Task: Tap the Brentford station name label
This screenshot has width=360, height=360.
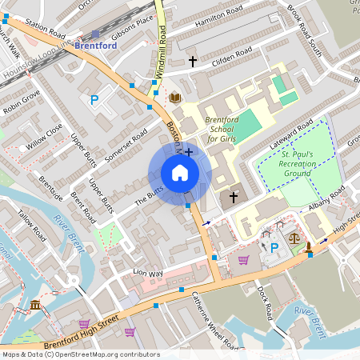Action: [95, 46]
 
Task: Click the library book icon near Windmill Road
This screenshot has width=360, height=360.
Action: [175, 98]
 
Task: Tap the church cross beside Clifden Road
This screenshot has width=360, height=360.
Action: [192, 61]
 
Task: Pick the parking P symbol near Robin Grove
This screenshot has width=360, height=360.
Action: [94, 100]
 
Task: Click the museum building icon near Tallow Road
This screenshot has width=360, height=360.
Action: [36, 305]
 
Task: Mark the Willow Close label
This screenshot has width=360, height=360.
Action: [44, 137]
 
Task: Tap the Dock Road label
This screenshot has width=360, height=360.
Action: [267, 299]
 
